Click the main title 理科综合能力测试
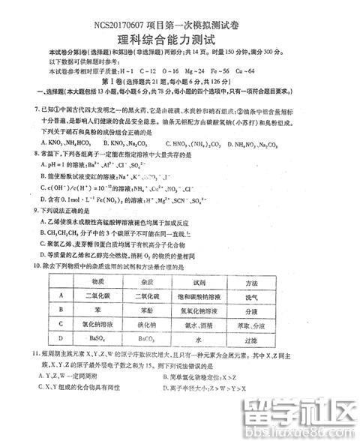click(179, 31)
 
